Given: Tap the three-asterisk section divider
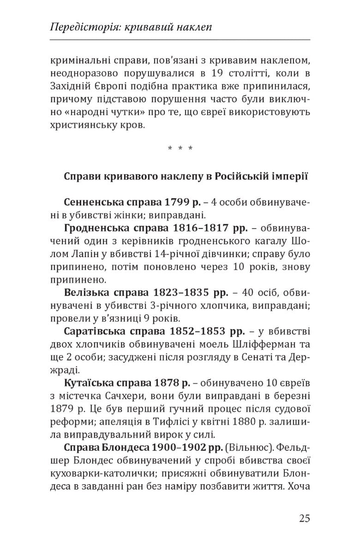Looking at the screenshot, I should tap(180, 149).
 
